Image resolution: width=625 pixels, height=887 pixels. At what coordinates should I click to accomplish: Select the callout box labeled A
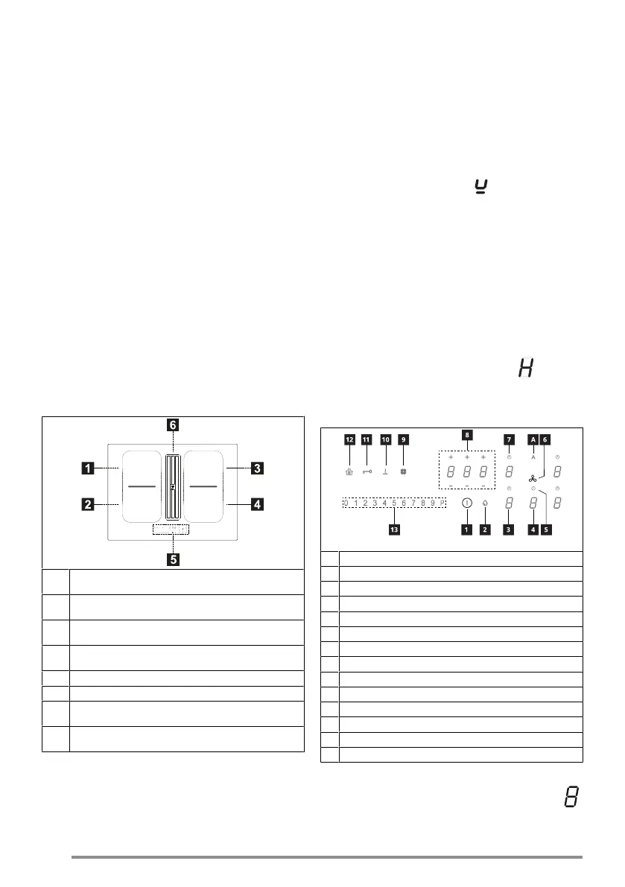click(533, 439)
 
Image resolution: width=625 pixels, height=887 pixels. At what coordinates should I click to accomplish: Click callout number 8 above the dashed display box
click(467, 434)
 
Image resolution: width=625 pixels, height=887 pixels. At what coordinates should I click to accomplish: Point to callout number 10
click(385, 439)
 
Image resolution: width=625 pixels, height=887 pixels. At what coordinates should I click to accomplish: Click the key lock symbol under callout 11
click(367, 471)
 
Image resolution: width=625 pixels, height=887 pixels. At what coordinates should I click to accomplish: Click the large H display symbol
click(525, 366)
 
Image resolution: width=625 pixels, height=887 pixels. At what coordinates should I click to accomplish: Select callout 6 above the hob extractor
click(172, 425)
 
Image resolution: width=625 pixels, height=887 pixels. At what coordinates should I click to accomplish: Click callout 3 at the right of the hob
click(256, 468)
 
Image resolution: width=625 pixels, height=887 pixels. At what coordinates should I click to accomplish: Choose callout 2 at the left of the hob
click(87, 504)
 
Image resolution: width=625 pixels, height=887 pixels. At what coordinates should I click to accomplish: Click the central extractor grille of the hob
click(172, 487)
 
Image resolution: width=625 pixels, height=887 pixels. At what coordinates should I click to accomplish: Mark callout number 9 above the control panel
click(404, 439)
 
